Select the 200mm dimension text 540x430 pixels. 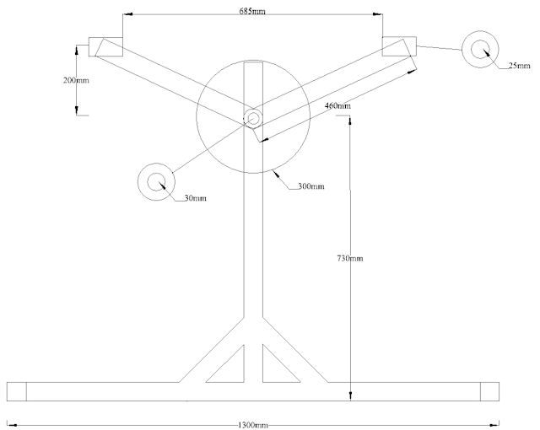(x=76, y=80)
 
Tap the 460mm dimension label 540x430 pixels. (x=337, y=105)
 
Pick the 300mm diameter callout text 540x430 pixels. (x=310, y=185)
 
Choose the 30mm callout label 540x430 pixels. (x=194, y=198)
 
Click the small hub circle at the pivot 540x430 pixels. (x=252, y=118)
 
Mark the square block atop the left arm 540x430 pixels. (x=107, y=46)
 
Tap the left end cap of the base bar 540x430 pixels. (x=16, y=391)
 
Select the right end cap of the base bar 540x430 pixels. (x=490, y=391)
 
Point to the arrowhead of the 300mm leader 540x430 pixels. (x=276, y=172)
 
